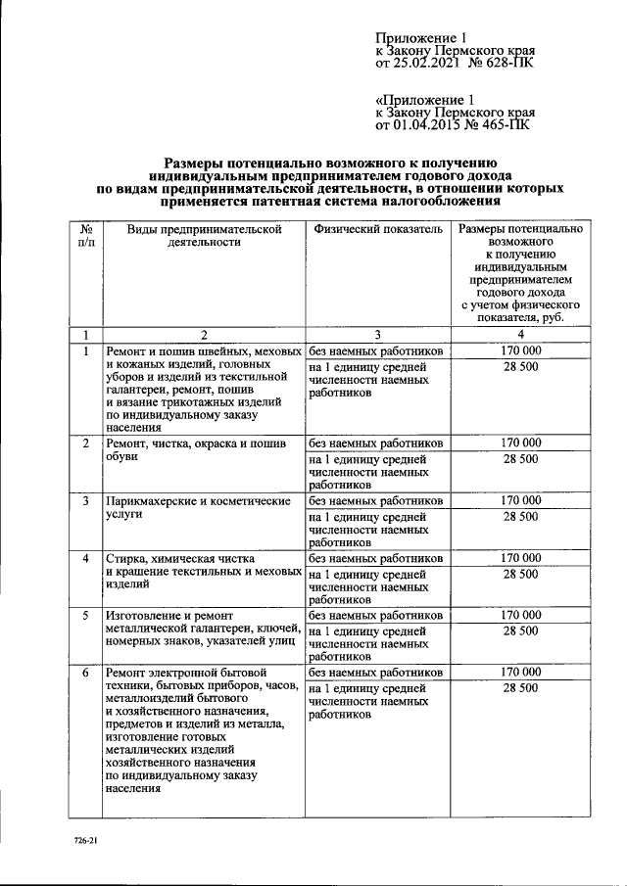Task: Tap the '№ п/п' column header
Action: click(85, 235)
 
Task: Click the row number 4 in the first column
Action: click(85, 558)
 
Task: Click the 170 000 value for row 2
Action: click(520, 443)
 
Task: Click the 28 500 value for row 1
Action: click(520, 365)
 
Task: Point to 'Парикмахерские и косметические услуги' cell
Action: click(199, 507)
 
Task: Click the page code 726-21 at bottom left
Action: click(84, 841)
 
